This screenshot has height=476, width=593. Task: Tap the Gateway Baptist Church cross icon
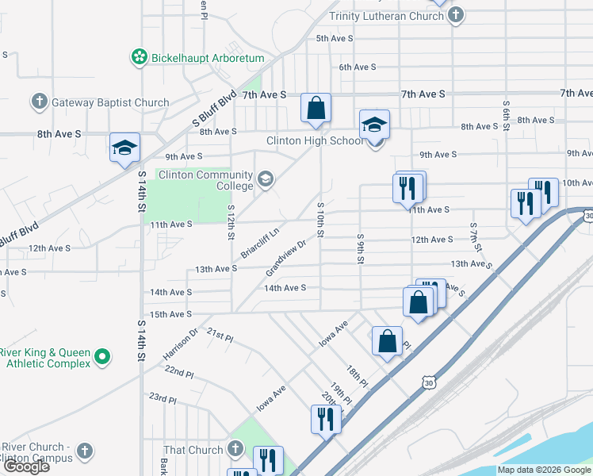(x=39, y=102)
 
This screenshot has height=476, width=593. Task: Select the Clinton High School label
(x=315, y=140)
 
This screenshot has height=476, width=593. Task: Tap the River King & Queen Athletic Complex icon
(x=101, y=358)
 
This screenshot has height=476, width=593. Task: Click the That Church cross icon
(x=235, y=450)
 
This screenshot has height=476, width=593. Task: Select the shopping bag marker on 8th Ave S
(x=316, y=108)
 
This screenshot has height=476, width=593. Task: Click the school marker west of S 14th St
(x=124, y=148)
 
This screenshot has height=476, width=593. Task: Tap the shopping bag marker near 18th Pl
(x=387, y=341)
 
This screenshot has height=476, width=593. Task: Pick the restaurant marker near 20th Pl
(x=325, y=418)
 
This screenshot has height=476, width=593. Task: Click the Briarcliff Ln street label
(x=261, y=244)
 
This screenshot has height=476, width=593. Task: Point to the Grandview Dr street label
(x=285, y=258)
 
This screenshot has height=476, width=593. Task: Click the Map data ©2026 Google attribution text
(x=543, y=470)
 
